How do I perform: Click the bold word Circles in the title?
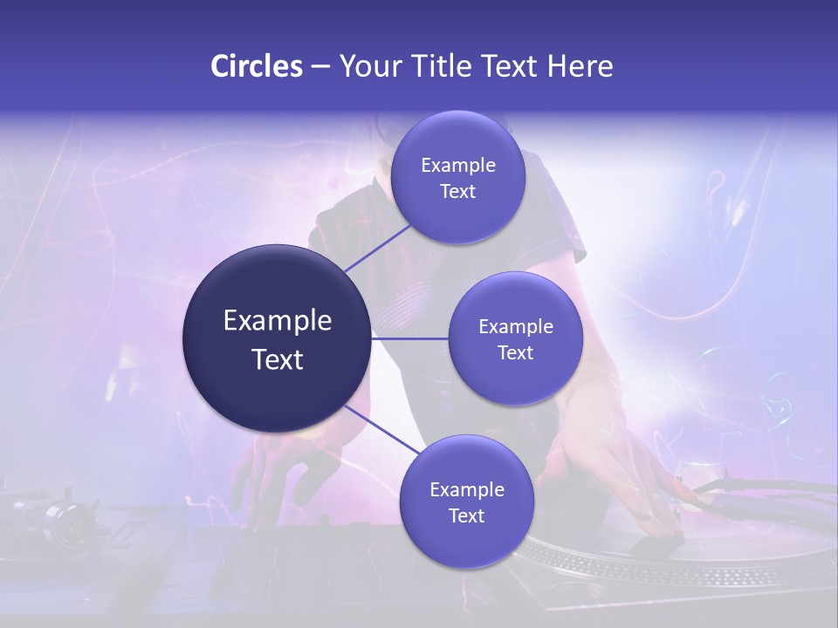(257, 66)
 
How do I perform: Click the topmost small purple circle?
(457, 178)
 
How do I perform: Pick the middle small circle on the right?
(515, 338)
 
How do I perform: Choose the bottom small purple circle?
(466, 502)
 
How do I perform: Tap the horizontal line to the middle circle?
(410, 338)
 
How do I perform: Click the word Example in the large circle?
(278, 321)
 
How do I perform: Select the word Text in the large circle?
(278, 359)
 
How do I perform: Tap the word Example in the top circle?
(457, 166)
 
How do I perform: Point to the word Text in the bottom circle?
(466, 515)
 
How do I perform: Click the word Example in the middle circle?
(515, 327)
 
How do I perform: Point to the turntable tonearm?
(759, 488)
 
